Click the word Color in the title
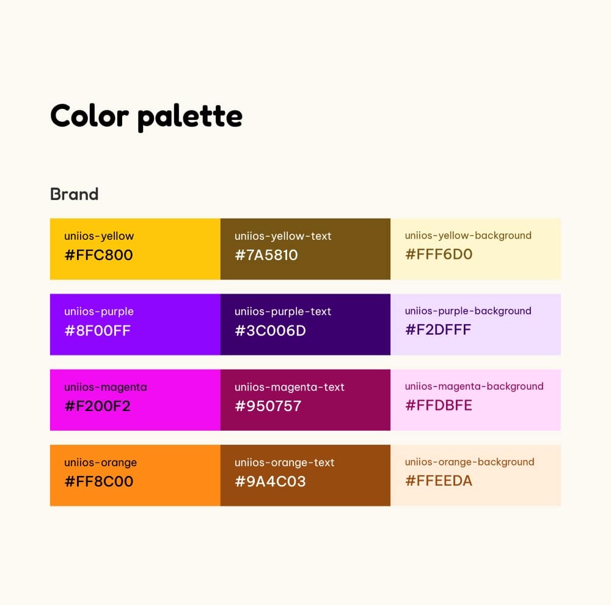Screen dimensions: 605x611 [x=89, y=115]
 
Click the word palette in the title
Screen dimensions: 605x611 [x=190, y=116]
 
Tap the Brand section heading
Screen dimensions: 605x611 [x=74, y=195]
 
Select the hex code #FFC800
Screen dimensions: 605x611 [x=98, y=254]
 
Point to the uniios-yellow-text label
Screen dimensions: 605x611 [x=283, y=236]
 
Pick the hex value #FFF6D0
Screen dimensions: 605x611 [x=439, y=254]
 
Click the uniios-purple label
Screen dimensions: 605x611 [x=98, y=311]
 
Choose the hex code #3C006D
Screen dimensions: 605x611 [x=270, y=330]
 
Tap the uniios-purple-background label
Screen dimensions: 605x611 [x=468, y=311]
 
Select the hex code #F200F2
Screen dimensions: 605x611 [x=97, y=406]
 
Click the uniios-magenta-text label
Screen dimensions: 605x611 [x=290, y=387]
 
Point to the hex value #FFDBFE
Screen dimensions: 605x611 [x=438, y=405]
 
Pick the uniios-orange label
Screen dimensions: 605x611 [x=100, y=462]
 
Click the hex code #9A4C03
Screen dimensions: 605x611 [x=270, y=481]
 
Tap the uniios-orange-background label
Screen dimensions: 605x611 [x=469, y=462]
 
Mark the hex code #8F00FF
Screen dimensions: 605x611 [x=97, y=330]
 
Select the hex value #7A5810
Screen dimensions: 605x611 [x=266, y=254]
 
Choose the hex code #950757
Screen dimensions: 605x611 [x=268, y=406]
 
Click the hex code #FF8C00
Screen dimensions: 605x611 [x=98, y=481]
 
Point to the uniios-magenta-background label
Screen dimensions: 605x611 [x=474, y=386]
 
